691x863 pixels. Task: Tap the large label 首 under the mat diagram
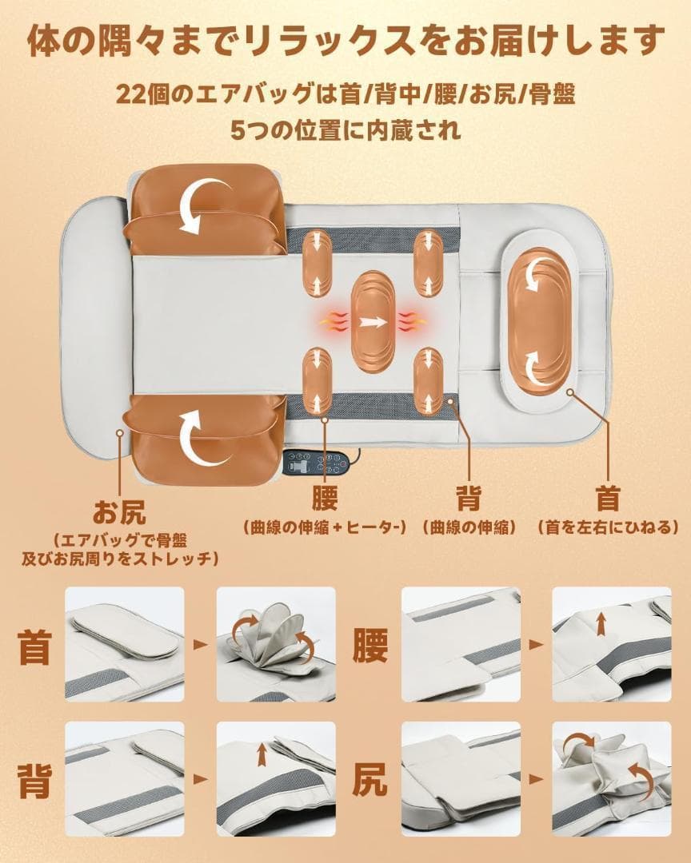[607, 499]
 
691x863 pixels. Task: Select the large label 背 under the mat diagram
[468, 499]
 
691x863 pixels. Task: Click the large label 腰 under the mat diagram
[325, 499]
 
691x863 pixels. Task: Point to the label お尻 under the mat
[120, 510]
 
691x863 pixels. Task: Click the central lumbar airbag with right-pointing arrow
[372, 324]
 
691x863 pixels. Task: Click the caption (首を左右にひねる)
[608, 528]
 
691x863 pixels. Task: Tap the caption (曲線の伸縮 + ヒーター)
[325, 528]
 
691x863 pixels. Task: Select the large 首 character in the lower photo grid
[34, 646]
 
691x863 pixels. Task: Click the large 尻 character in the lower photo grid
[369, 781]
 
